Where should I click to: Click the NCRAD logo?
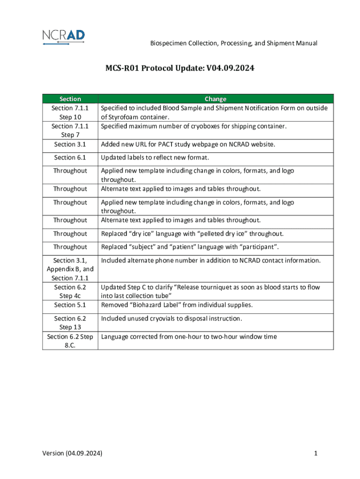pos(63,37)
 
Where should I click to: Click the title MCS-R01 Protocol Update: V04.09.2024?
pos(180,68)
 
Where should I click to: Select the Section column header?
pos(70,99)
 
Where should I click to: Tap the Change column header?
pos(216,99)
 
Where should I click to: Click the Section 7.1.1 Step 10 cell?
pos(70,112)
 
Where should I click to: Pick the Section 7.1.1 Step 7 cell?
pos(70,131)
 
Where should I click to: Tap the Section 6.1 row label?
pos(70,158)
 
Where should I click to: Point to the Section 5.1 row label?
pos(70,305)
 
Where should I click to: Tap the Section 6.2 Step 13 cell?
pos(70,323)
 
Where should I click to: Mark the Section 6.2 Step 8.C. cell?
pos(70,341)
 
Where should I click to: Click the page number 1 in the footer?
pos(316,453)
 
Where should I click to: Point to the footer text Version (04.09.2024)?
pos(72,453)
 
